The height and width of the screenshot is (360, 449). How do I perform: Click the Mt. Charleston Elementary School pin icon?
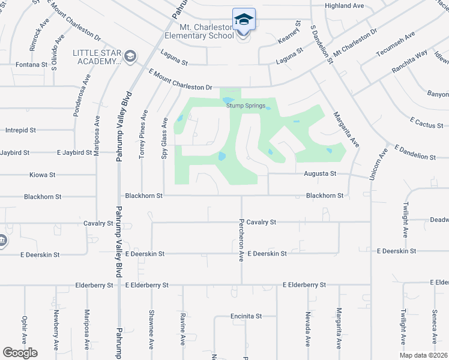coord(244,19)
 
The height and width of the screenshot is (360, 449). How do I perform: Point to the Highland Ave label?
coord(345,6)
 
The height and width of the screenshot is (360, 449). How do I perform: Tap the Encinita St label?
coord(246,316)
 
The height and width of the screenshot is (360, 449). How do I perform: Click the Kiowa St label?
coord(42,175)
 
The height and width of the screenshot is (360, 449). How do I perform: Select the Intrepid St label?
coord(20,130)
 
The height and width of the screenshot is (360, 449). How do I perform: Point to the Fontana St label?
coord(31,65)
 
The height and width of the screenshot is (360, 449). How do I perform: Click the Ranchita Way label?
coord(409,61)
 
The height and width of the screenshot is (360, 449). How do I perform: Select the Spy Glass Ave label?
coord(164,137)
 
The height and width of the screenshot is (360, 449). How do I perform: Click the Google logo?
coord(20,353)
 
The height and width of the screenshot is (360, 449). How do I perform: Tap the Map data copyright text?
coord(423,355)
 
